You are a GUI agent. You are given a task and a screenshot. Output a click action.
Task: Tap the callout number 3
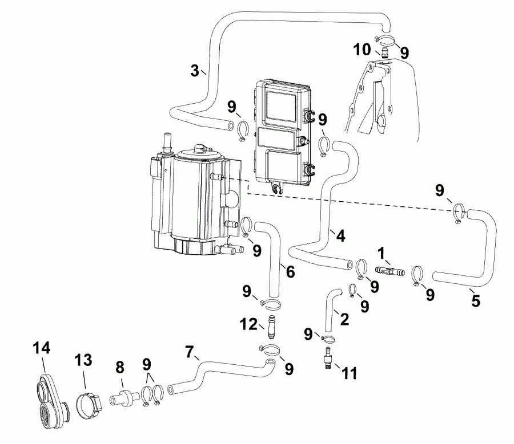[196, 71]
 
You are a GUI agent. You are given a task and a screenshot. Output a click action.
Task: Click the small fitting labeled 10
[385, 53]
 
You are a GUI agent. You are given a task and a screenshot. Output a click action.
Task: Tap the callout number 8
[120, 369]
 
